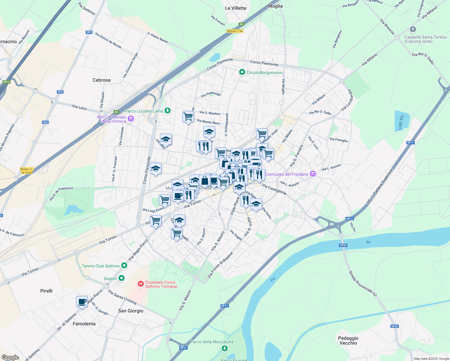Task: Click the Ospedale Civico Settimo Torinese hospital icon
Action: [x=140, y=284]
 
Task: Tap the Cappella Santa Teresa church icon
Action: [x=413, y=29]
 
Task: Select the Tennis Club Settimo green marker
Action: [x=124, y=265]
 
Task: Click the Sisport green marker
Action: [x=122, y=278]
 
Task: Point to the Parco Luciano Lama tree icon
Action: [x=168, y=111]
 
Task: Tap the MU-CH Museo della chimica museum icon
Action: [x=131, y=119]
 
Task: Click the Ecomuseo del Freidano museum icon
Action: [x=313, y=174]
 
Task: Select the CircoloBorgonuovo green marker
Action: [x=242, y=72]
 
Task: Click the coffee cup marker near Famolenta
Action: [x=82, y=301]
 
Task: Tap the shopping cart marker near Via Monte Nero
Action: [x=188, y=116]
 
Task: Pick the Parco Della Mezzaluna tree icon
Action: [x=224, y=348]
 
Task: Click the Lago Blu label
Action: [x=400, y=122]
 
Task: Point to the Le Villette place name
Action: [x=236, y=8]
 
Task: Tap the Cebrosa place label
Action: [x=101, y=80]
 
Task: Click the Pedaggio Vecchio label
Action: [x=348, y=341]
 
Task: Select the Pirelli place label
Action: [x=46, y=291]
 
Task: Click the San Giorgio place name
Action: [x=131, y=311]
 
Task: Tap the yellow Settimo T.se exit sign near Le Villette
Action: [x=235, y=31]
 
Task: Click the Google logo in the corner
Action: [x=10, y=357]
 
